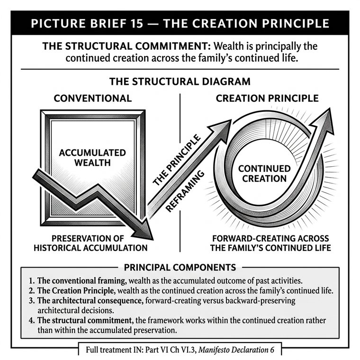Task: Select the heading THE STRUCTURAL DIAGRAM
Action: tap(180, 81)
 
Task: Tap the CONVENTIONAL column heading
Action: tap(93, 98)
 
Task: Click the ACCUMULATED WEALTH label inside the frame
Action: tap(92, 157)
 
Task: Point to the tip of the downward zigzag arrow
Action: tap(153, 240)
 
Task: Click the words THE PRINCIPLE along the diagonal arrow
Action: tap(177, 160)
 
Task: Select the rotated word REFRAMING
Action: tap(185, 191)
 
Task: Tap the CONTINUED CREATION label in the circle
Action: tap(264, 173)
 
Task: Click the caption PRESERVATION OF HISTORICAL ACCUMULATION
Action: tap(90, 243)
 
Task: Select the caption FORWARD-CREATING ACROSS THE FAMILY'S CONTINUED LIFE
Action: tap(270, 243)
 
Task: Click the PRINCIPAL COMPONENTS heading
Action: tap(180, 268)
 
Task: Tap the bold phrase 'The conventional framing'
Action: tap(82, 281)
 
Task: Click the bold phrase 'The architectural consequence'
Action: tap(90, 300)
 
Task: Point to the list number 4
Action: tap(32, 320)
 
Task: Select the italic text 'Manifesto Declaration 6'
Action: tap(236, 350)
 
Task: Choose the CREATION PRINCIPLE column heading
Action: tap(267, 98)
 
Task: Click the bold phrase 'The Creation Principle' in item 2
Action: tap(76, 291)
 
